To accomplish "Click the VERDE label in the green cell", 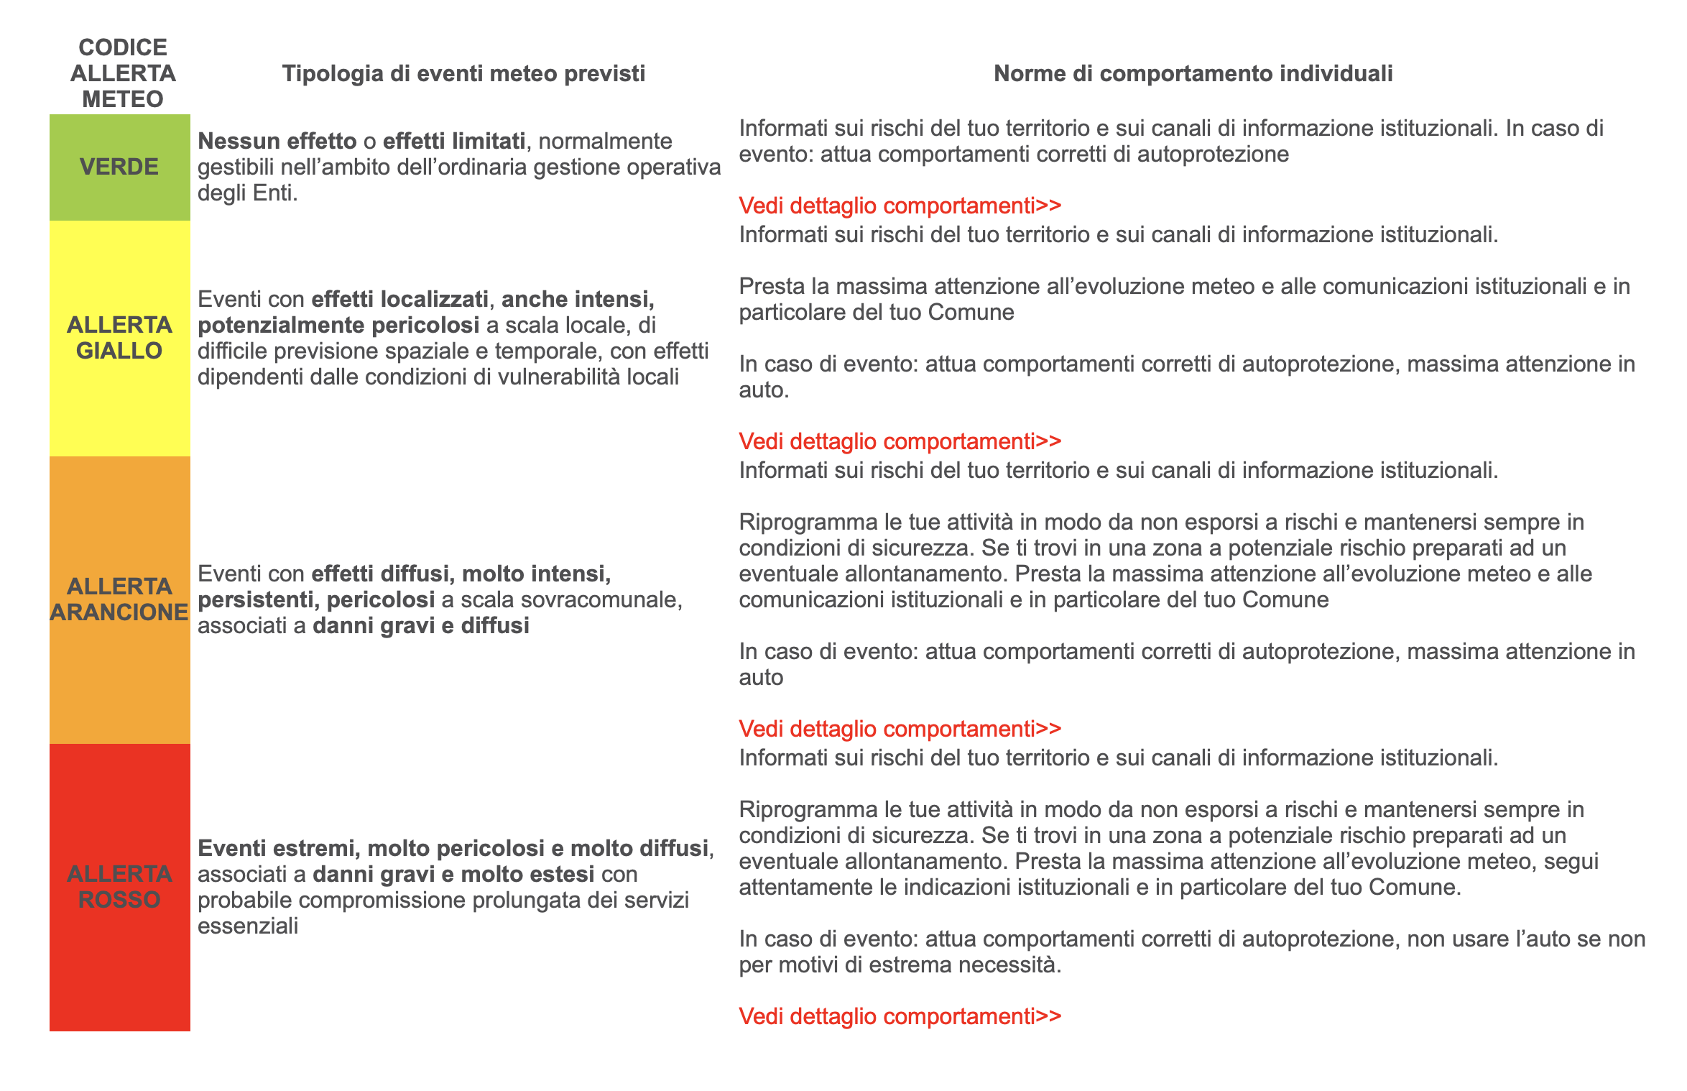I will [119, 167].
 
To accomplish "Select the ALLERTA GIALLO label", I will [119, 338].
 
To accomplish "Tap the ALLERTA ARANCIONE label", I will [119, 599].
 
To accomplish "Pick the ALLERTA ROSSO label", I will [119, 887].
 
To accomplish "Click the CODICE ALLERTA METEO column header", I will [123, 73].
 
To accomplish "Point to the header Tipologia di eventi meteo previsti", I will [463, 73].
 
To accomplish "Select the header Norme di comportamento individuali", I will [1193, 73].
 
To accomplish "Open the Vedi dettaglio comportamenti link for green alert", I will [900, 206].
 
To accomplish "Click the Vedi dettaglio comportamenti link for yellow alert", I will [900, 441].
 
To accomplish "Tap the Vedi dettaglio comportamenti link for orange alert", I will [900, 729].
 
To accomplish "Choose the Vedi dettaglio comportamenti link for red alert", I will [900, 1016].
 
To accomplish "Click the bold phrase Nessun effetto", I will [277, 141].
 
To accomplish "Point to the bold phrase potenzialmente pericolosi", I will [338, 325].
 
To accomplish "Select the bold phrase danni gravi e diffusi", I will [421, 625].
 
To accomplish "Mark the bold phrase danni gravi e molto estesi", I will [453, 874].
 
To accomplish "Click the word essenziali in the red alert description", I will [248, 926].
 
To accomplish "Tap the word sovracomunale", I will [571, 599].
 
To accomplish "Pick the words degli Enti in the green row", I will [246, 193].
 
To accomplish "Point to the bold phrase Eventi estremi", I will [276, 848].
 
